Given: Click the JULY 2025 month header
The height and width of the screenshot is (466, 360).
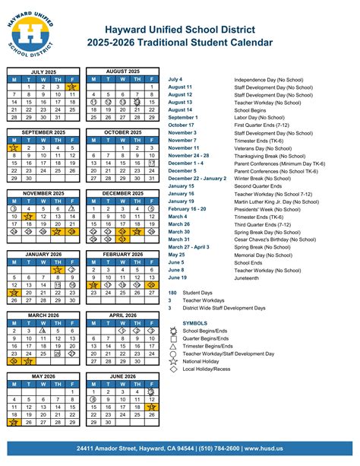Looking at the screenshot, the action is pos(44,70).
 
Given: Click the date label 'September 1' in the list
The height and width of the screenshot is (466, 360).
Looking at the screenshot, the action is pos(183,117).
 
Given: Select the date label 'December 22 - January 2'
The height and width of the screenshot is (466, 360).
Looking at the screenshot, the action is pos(197,178).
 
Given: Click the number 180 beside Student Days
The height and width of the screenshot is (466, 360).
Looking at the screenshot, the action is pos(172,293).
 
